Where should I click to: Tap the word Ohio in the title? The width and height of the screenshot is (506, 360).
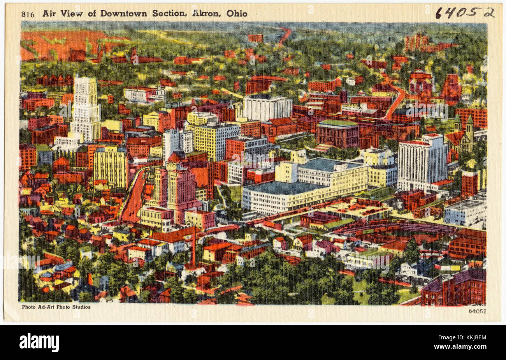tap(237, 13)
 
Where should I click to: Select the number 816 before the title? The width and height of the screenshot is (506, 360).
tap(28, 14)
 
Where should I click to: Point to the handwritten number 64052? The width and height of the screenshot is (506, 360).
tap(464, 13)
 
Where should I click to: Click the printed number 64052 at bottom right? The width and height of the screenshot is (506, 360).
tap(477, 311)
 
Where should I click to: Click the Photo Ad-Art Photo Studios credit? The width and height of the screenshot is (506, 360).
tap(56, 307)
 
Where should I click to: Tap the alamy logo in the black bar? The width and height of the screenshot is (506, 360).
tap(39, 342)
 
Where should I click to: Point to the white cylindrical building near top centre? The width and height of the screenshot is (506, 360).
tap(267, 107)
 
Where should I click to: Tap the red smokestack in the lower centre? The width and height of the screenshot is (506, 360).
tap(193, 245)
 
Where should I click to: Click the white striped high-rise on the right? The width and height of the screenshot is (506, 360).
tap(422, 162)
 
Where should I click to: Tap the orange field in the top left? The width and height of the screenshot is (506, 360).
tap(58, 43)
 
